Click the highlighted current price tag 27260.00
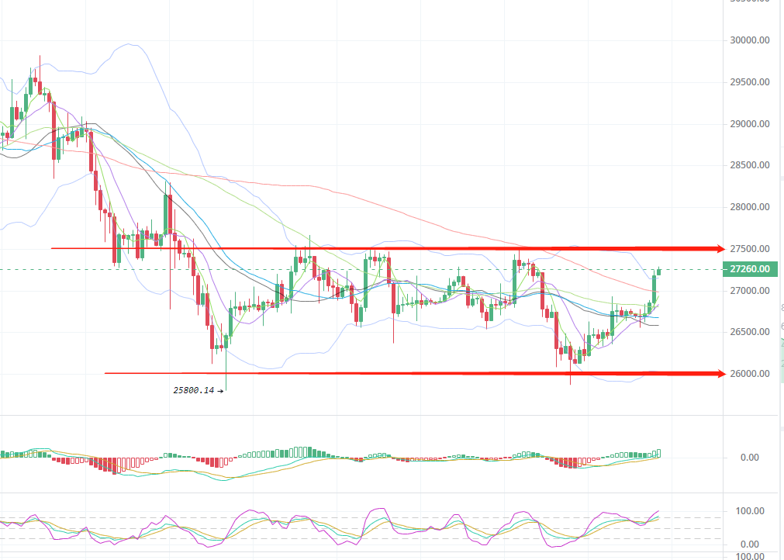pyautogui.click(x=750, y=269)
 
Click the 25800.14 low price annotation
pyautogui.click(x=194, y=391)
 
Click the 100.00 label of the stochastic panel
pyautogui.click(x=750, y=511)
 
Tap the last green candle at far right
pyautogui.click(x=659, y=271)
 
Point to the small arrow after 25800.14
pyautogui.click(x=221, y=391)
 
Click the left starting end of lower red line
pyautogui.click(x=105, y=373)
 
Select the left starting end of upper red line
pyautogui.click(x=52, y=248)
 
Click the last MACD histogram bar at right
pyautogui.click(x=658, y=453)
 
